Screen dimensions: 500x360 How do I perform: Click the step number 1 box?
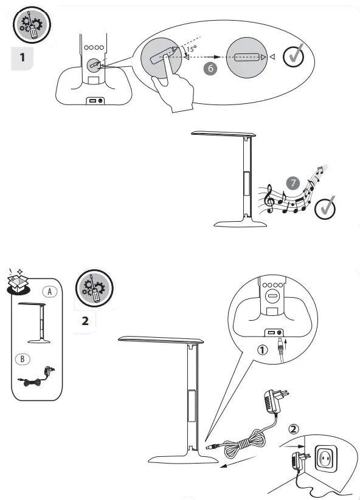coord(22,59)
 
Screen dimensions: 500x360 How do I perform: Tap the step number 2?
coord(85,320)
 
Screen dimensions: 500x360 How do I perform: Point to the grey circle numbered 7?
coord(293,183)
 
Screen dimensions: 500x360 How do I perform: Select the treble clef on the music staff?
coord(269,199)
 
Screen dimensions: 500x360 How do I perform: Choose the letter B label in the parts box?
coord(22,358)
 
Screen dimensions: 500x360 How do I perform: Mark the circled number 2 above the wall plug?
coord(293,429)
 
